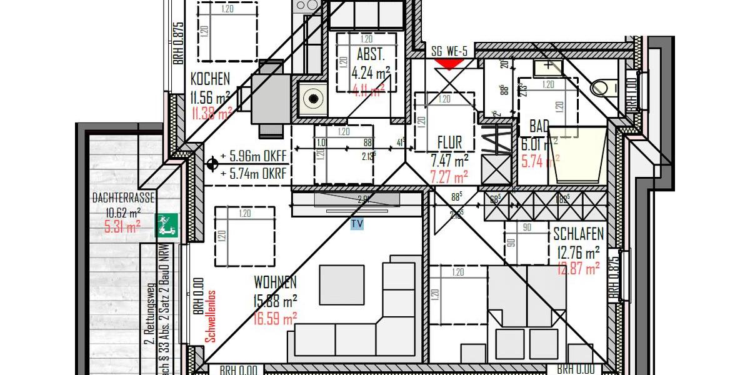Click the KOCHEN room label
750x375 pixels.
[210, 79]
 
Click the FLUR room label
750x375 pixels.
[449, 143]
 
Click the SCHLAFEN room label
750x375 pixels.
[578, 235]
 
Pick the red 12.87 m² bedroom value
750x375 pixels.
[578, 269]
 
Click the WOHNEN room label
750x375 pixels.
[275, 282]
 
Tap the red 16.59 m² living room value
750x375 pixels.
[275, 319]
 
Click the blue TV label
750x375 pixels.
[357, 223]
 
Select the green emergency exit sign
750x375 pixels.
[167, 225]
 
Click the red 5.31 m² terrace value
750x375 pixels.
[122, 228]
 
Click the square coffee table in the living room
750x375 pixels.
[342, 285]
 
